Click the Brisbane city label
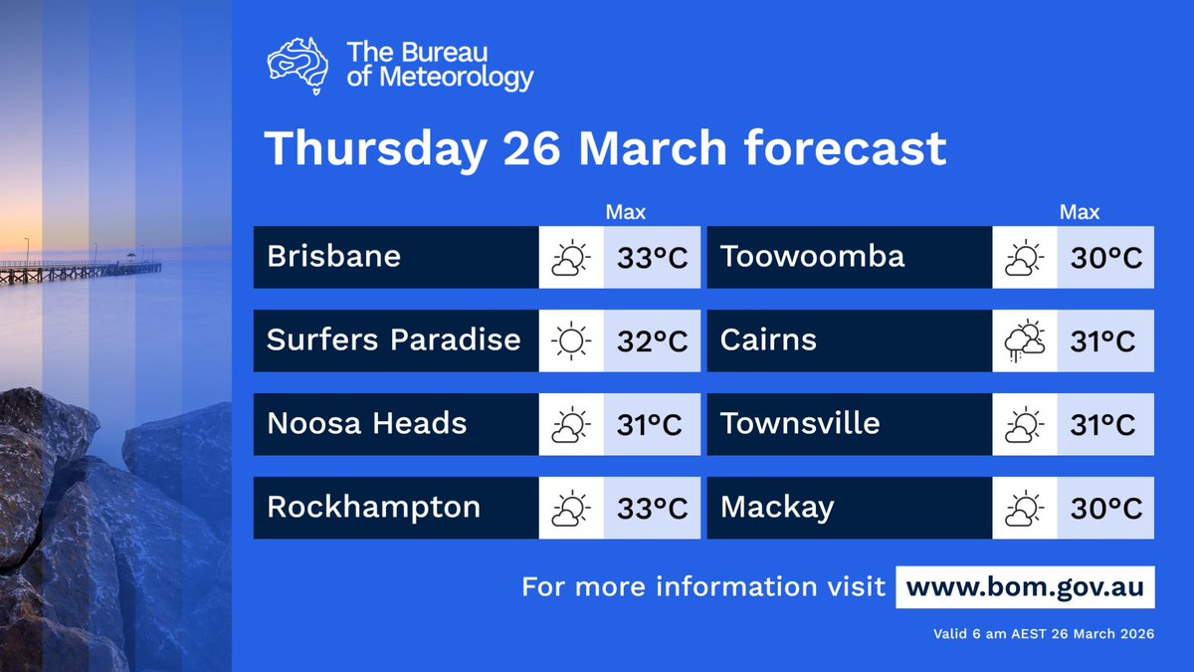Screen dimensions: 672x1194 coord(333,257)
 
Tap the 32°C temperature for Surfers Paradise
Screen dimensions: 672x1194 coord(652,341)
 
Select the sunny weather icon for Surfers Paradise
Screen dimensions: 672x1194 coord(571,341)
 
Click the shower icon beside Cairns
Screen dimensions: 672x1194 coord(1025,341)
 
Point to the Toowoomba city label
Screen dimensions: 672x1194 coord(812,257)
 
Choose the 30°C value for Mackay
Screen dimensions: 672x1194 coord(1105,509)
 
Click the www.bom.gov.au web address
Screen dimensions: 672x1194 coord(1025,587)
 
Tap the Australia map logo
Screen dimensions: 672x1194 coord(299,65)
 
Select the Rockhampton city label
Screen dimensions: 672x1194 coord(373,508)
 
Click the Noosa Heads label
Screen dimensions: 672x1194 coord(366,424)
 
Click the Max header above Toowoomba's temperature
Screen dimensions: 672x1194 coord(1079,212)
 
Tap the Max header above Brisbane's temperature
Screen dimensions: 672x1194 coord(626,212)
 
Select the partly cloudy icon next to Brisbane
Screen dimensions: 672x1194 coord(571,258)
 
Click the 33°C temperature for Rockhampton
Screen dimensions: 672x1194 coord(652,509)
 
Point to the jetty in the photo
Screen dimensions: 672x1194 coord(80,269)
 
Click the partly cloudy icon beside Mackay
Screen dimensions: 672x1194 coord(1025,509)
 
